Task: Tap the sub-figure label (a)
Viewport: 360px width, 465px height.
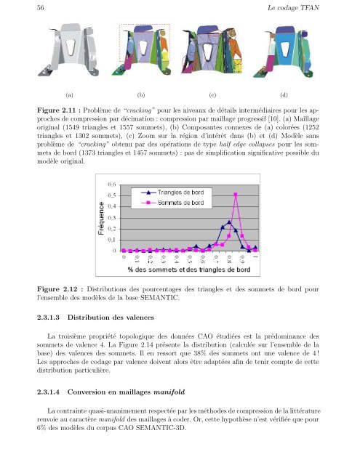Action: click(x=70, y=94)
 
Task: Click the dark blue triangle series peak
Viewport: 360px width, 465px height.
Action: click(x=229, y=222)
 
